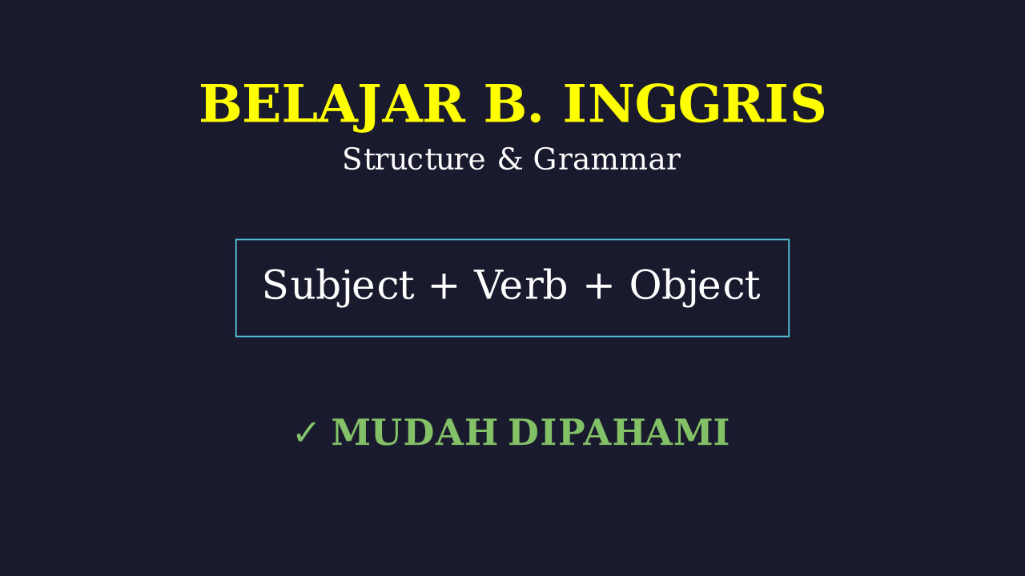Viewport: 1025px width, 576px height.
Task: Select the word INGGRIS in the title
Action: click(694, 104)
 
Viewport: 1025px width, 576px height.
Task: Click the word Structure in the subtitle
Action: click(414, 159)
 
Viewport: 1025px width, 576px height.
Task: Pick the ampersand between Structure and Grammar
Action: click(510, 159)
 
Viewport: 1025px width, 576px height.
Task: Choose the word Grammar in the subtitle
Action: click(607, 159)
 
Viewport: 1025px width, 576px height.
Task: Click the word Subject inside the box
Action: click(339, 286)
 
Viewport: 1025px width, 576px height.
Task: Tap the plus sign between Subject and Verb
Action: click(444, 286)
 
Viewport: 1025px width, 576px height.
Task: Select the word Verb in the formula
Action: click(521, 284)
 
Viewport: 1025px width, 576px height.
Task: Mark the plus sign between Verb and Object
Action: click(598, 286)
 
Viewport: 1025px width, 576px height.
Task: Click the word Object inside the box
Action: click(695, 286)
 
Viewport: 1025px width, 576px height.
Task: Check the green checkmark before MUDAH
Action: click(306, 432)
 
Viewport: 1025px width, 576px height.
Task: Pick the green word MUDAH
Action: click(415, 432)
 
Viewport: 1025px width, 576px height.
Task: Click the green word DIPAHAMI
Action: click(619, 432)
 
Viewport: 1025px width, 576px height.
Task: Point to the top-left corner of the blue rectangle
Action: click(236, 239)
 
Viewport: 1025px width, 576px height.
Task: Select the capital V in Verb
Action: click(488, 284)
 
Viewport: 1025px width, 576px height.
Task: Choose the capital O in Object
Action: click(646, 284)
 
